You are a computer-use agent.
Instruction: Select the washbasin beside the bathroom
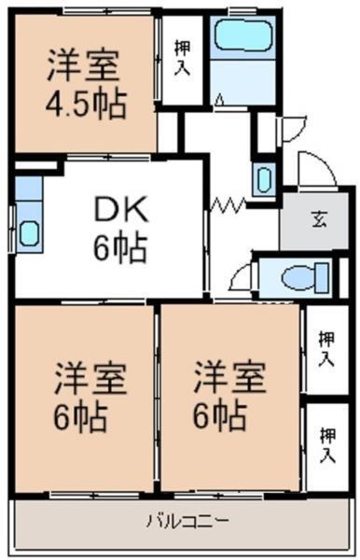[264, 177]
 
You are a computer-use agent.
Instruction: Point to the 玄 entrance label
[318, 220]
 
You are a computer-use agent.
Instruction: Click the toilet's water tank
[323, 277]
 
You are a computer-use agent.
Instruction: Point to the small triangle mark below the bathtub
[219, 99]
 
